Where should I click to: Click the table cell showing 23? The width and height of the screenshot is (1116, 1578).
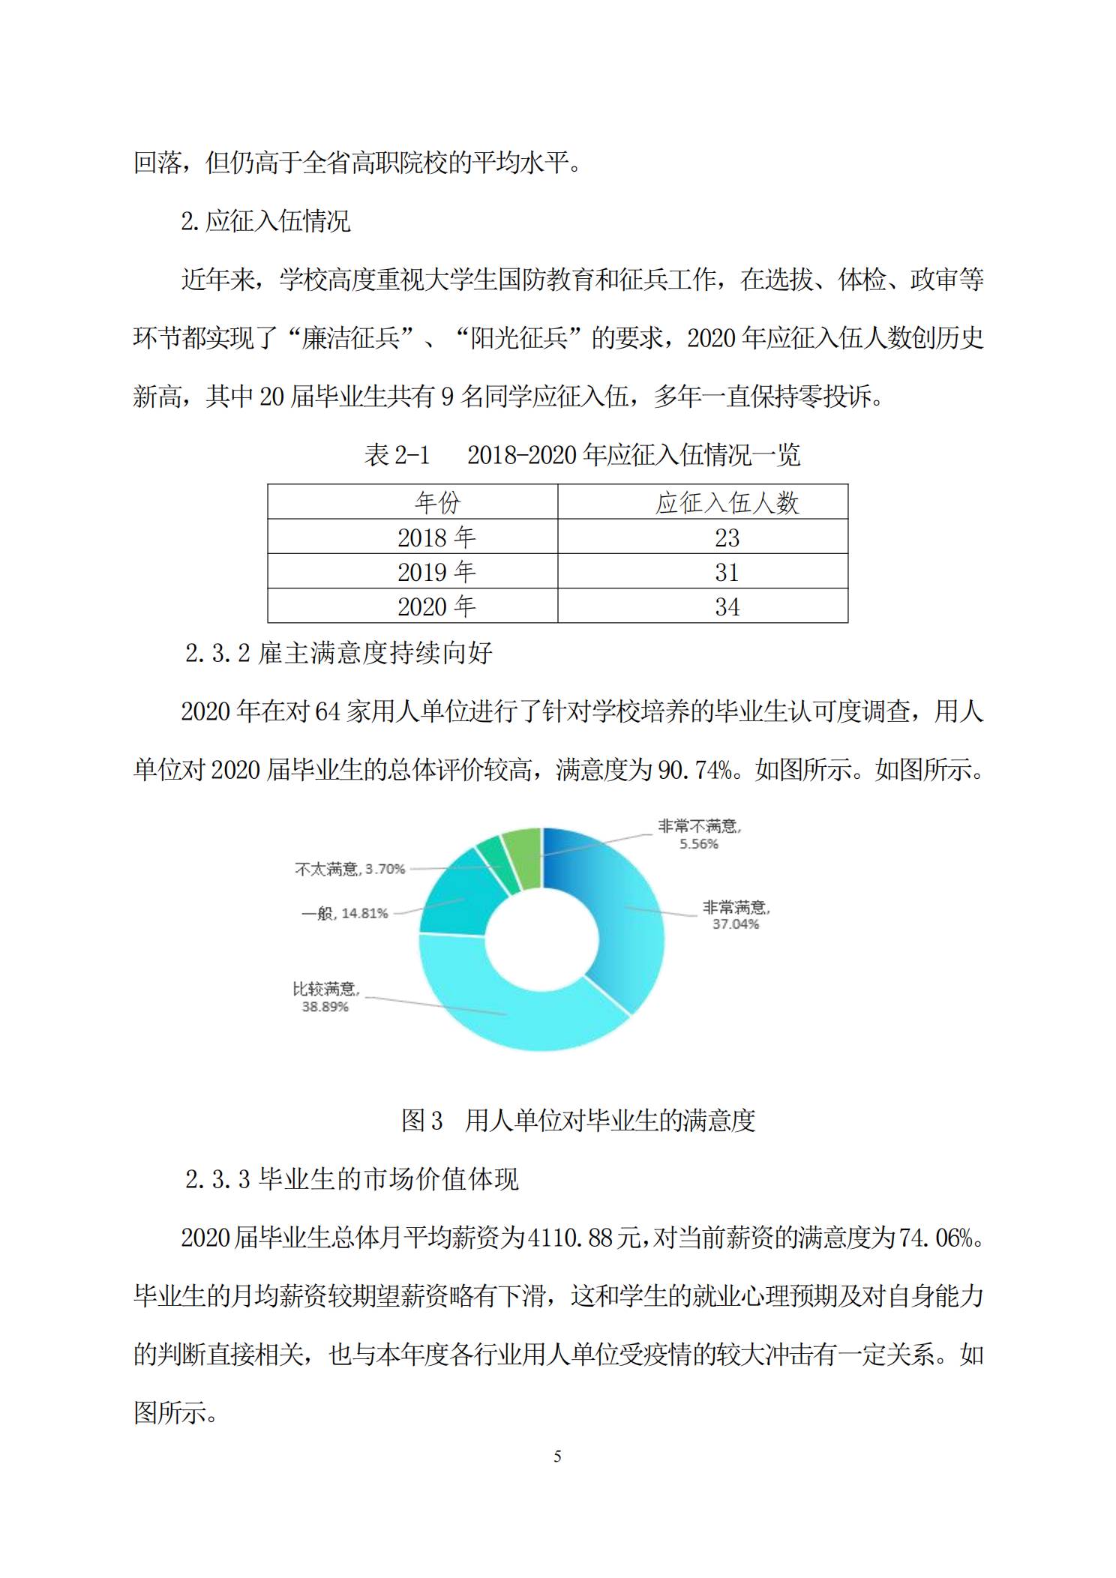[x=727, y=537]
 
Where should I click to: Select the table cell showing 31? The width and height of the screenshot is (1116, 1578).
[x=727, y=572]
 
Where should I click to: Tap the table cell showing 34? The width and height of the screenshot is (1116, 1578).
[x=727, y=606]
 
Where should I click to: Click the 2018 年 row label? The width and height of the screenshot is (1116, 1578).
[x=436, y=537]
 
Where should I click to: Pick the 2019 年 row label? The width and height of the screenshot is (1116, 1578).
[x=436, y=572]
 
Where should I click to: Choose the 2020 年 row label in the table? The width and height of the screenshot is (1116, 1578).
[x=436, y=606]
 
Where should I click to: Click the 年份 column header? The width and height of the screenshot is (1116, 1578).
[x=436, y=502]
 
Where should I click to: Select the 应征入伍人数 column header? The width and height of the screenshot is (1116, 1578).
[x=727, y=502]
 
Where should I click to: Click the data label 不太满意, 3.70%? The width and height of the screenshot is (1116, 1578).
[x=350, y=869]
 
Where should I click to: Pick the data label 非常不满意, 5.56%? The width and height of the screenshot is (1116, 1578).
[x=699, y=834]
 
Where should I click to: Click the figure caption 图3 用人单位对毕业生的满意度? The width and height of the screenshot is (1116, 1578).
[x=578, y=1121]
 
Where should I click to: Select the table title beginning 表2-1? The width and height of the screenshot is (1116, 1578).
[x=582, y=454]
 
